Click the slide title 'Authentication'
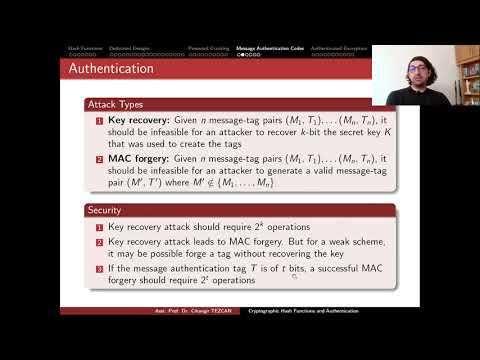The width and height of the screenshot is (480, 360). click(x=110, y=69)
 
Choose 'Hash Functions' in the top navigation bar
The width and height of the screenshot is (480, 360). click(x=82, y=47)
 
